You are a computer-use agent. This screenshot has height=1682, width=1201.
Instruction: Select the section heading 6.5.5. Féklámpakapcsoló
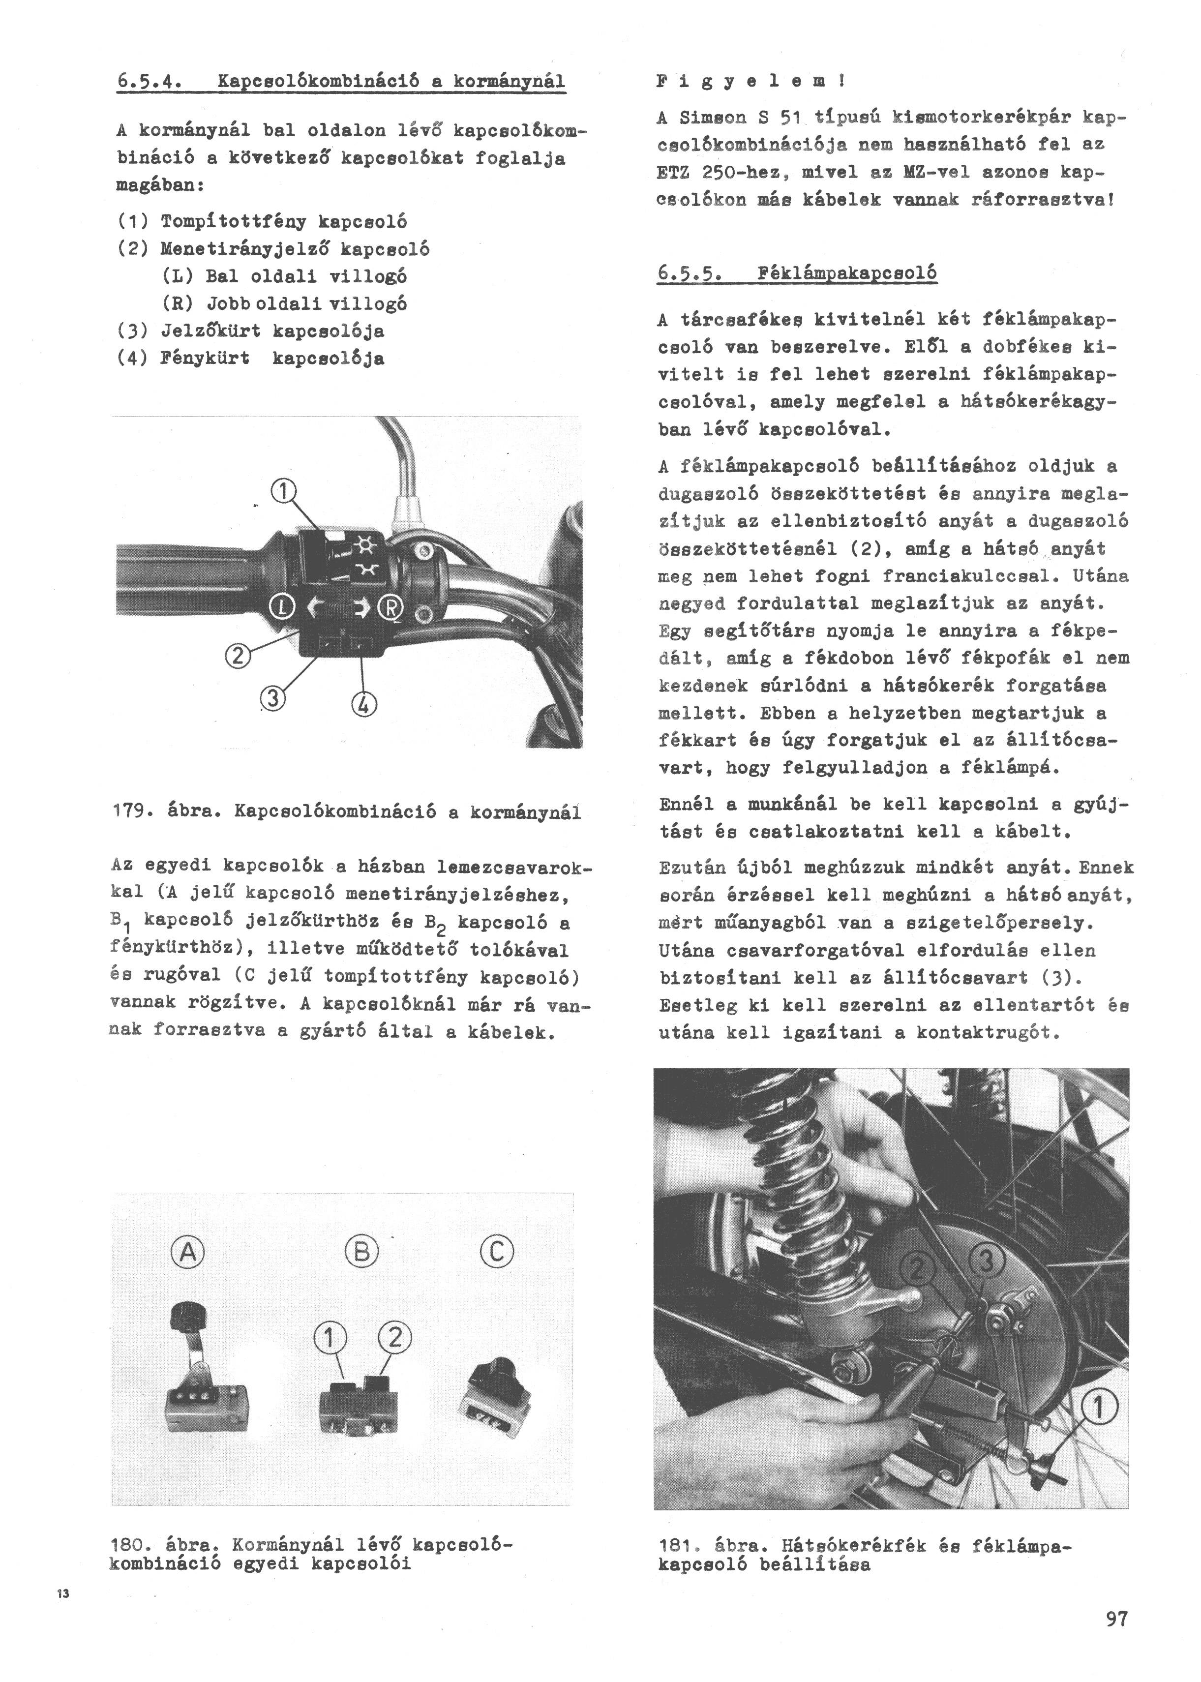tap(797, 273)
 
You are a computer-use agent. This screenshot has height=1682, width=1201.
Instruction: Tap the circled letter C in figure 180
tap(496, 1252)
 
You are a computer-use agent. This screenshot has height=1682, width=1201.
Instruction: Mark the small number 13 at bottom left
tap(62, 1593)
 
